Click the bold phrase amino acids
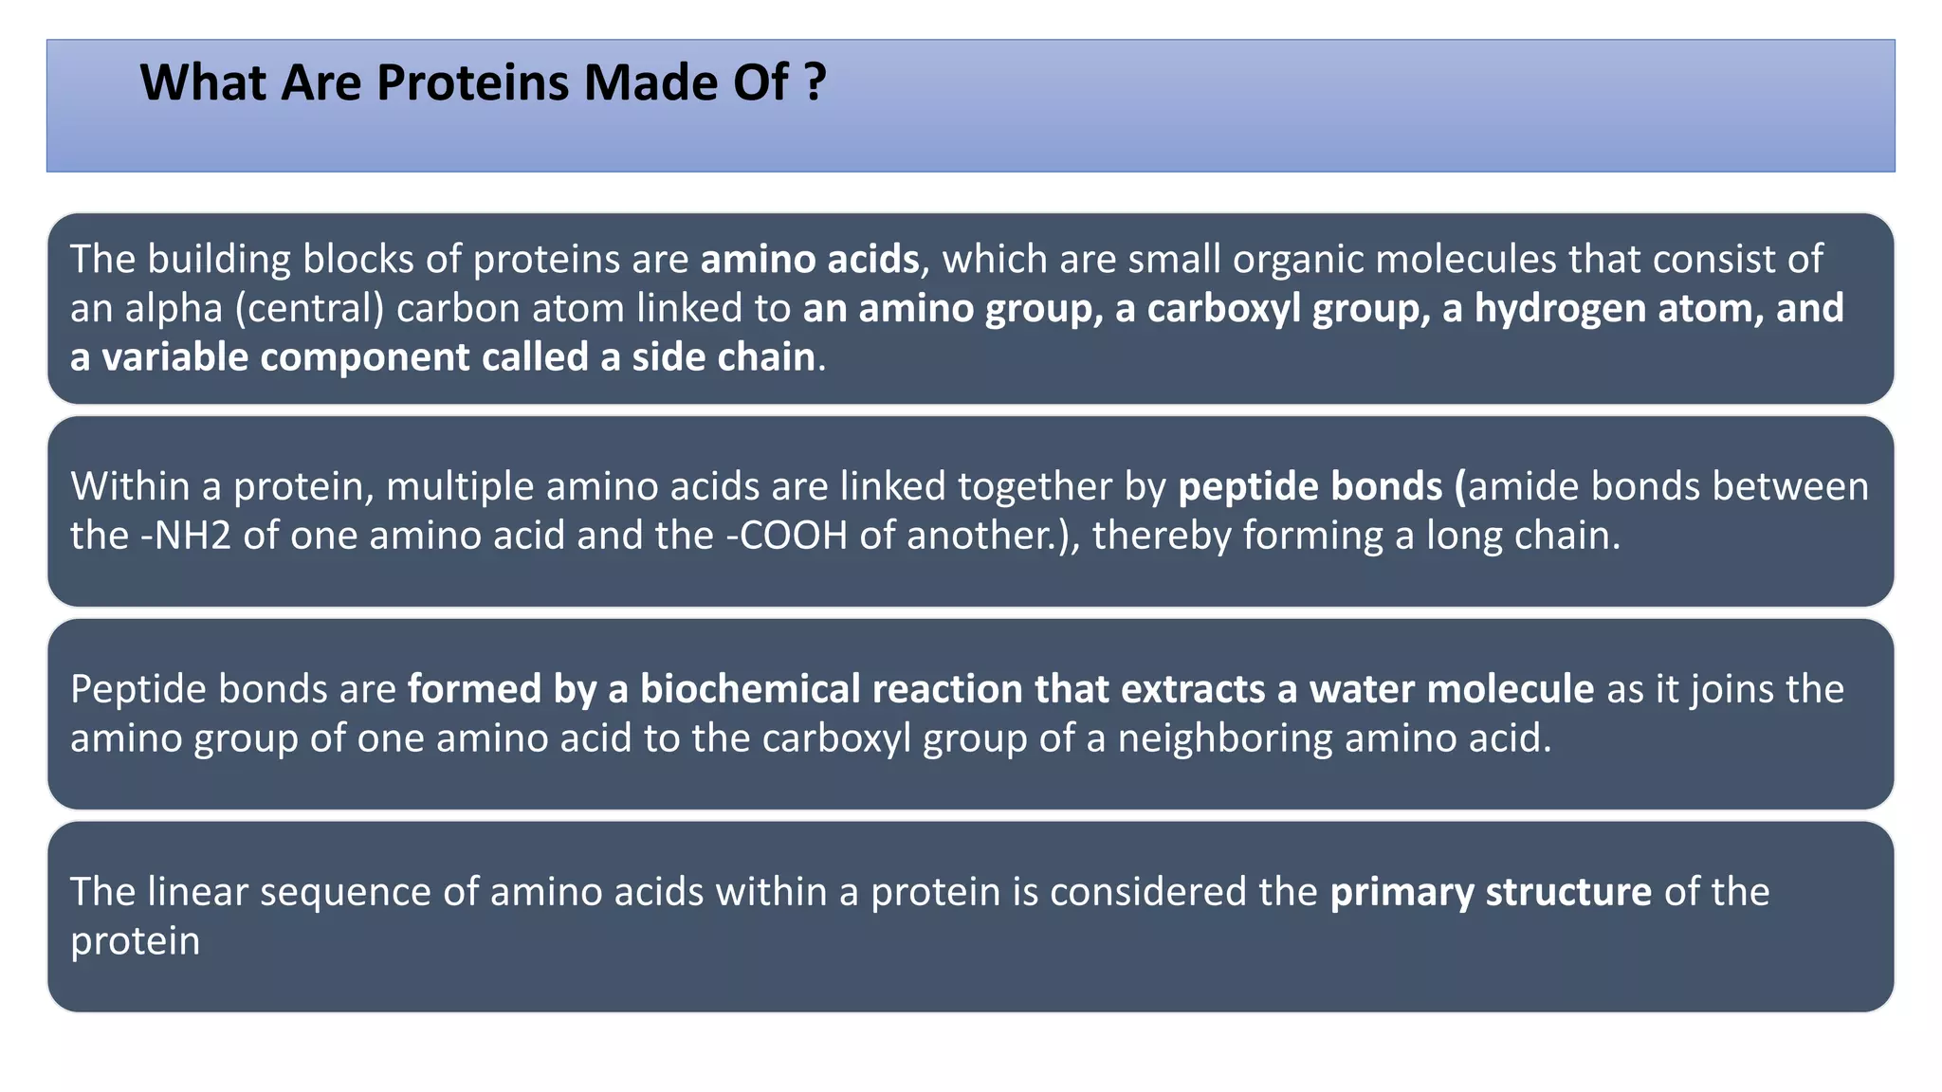pos(809,259)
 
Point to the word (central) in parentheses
pos(309,308)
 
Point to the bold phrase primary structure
pos(1490,892)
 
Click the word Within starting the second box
pos(130,486)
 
